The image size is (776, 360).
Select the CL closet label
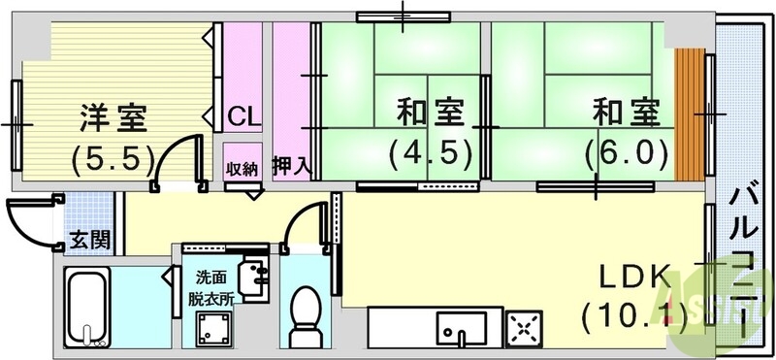click(x=243, y=118)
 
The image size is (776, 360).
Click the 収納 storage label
click(x=242, y=168)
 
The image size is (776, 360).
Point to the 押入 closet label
click(x=291, y=166)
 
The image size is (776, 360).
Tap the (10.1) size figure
click(x=635, y=314)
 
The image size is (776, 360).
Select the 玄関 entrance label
click(x=87, y=239)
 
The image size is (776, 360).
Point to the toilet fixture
click(x=307, y=311)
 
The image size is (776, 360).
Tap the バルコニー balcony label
click(x=746, y=257)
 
